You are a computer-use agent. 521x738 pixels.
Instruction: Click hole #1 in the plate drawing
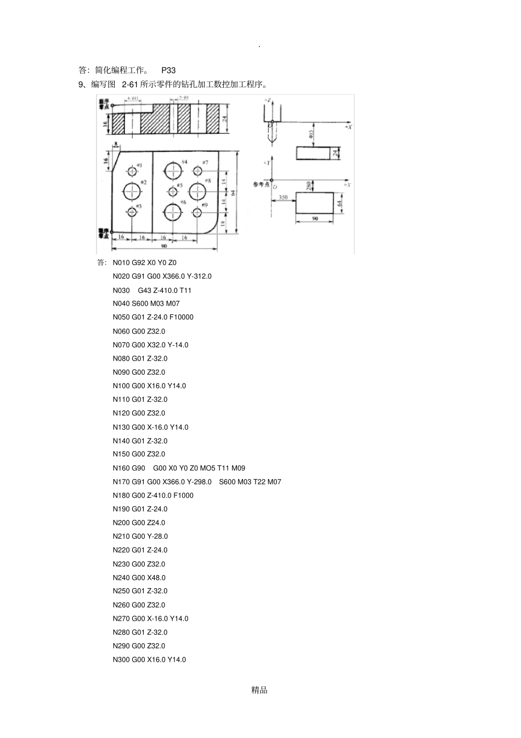(132, 170)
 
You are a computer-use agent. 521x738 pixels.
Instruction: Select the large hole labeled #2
(132, 191)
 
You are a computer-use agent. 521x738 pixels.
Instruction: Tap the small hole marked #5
(173, 191)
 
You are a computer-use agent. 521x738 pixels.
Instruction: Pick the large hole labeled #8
(197, 191)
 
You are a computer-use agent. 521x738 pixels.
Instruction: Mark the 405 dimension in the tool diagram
(311, 134)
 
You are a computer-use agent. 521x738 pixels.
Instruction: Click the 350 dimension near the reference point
(283, 197)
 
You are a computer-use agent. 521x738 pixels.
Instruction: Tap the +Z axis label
(267, 100)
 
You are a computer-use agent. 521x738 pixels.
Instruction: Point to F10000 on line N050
(182, 317)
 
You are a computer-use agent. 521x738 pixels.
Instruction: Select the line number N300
(121, 660)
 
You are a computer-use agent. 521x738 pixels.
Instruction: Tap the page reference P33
(168, 70)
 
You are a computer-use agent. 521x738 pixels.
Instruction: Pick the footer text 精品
(259, 690)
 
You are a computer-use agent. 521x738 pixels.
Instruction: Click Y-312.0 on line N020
(199, 276)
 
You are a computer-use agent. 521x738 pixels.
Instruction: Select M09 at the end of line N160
(239, 468)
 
